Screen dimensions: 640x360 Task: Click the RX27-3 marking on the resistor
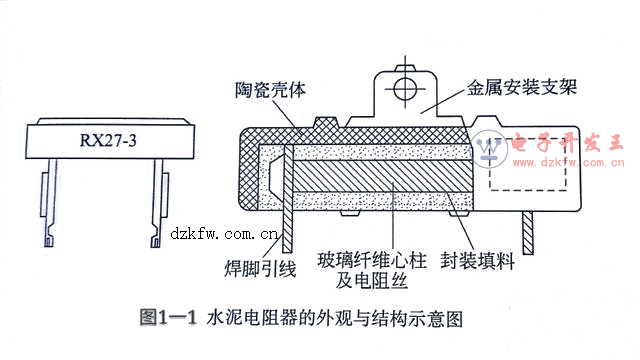(x=108, y=140)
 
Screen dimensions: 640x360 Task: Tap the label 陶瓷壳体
(x=270, y=89)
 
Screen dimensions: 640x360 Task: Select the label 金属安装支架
(x=522, y=87)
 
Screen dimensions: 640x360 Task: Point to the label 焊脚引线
(x=260, y=269)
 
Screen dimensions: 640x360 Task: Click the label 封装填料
(x=478, y=260)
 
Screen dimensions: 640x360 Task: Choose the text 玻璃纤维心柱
(x=372, y=260)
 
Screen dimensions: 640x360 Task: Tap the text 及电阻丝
(x=371, y=280)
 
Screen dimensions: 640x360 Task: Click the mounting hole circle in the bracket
(x=405, y=89)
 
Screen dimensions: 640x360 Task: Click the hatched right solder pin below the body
(x=528, y=233)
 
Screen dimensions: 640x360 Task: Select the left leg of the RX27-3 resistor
(x=50, y=202)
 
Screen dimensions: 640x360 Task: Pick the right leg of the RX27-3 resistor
(x=159, y=202)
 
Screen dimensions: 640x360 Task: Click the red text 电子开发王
(x=567, y=143)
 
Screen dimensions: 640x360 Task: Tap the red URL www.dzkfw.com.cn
(x=568, y=162)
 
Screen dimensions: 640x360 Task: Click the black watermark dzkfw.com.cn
(x=224, y=234)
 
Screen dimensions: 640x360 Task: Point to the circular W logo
(x=489, y=149)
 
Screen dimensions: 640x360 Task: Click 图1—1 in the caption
(x=168, y=318)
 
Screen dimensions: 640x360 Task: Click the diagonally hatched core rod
(x=382, y=176)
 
